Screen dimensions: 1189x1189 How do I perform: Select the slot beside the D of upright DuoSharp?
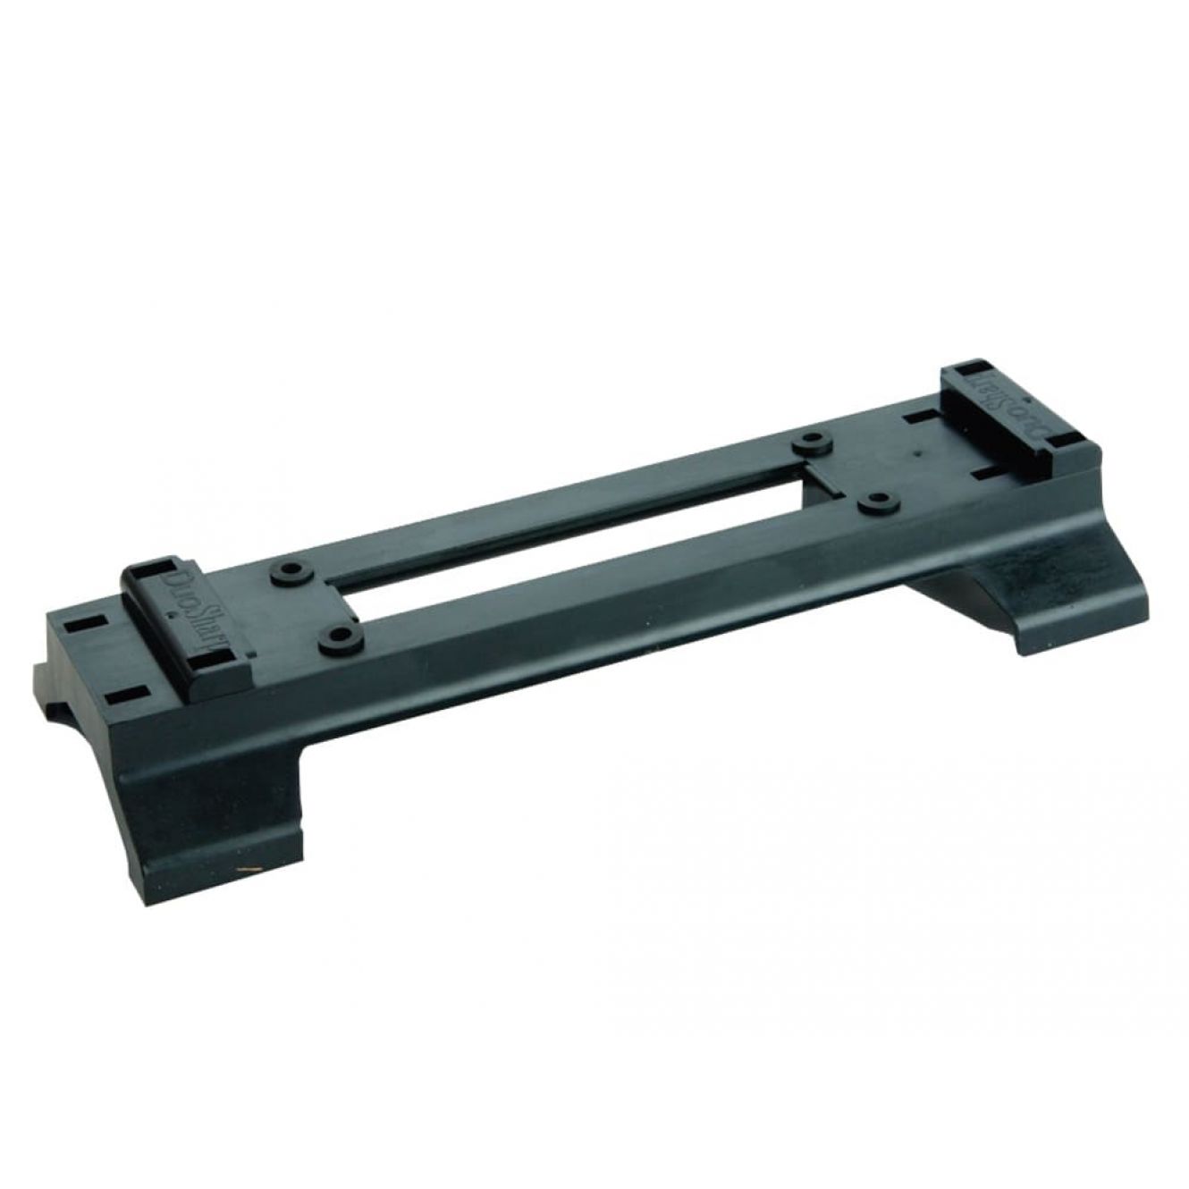tap(166, 566)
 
